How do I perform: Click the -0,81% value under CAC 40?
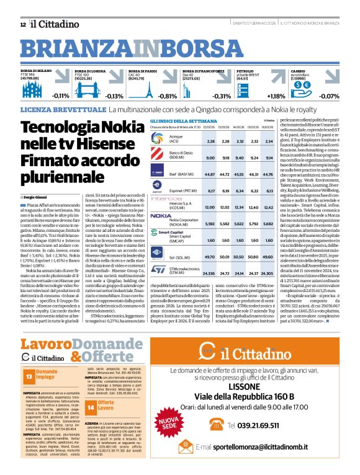click(167, 95)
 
